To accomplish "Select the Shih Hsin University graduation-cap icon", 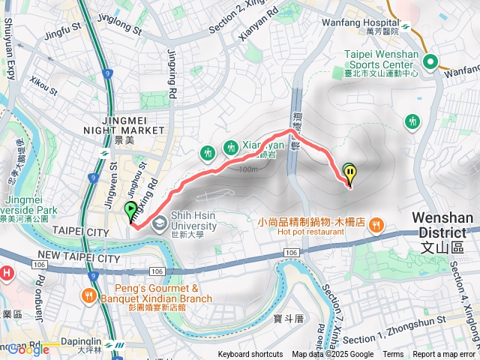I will coord(159,223).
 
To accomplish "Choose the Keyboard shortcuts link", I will coord(250,355).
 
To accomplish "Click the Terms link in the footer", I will coord(393,355).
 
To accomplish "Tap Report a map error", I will coord(444,355).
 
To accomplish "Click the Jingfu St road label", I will coord(61,31).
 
